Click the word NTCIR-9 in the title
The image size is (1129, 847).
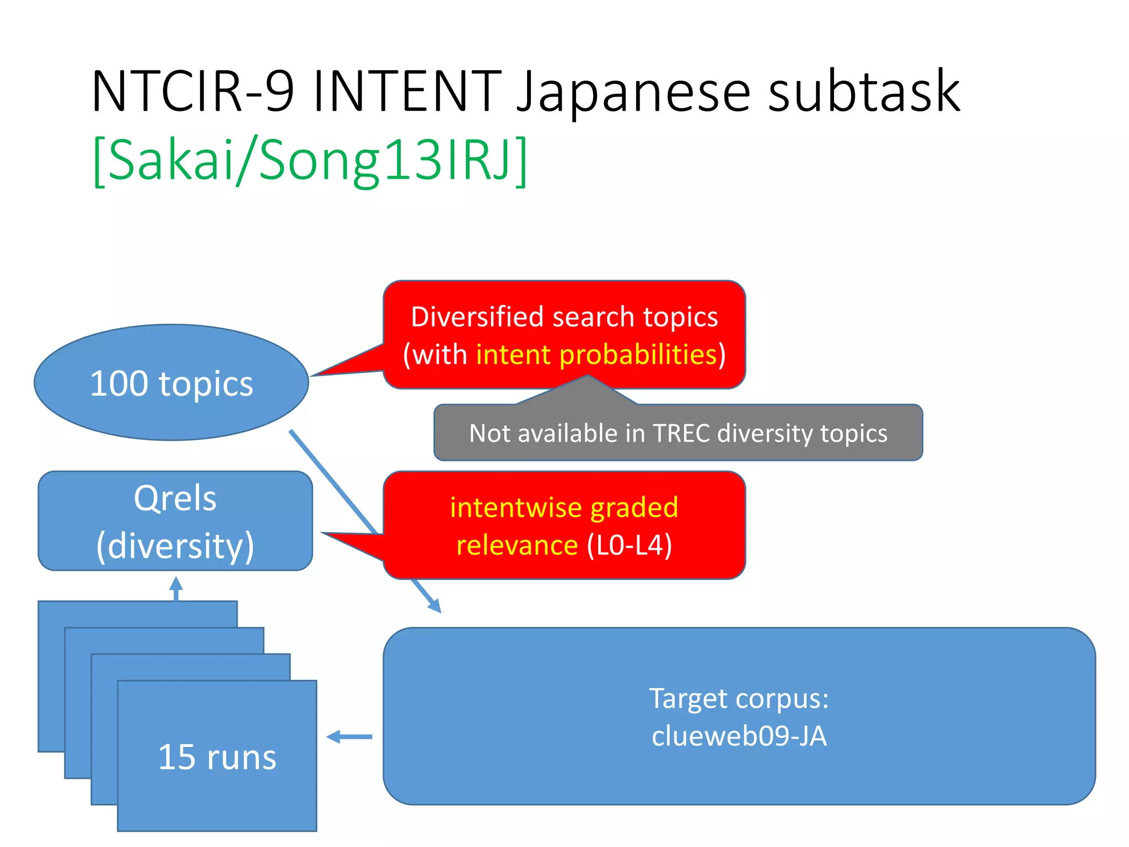(192, 92)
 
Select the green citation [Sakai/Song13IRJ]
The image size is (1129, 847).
(310, 160)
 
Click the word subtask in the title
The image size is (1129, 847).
(864, 92)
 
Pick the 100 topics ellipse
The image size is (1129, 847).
(171, 383)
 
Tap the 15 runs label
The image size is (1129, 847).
(217, 757)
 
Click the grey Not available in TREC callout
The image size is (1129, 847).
(678, 433)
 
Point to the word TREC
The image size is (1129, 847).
(681, 433)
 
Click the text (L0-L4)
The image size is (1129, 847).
(629, 545)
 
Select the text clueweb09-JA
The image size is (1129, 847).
(739, 736)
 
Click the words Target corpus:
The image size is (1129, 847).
(739, 698)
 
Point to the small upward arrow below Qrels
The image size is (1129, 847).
(176, 588)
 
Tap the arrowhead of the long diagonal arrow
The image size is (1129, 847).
(436, 606)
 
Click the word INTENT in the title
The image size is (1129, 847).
(407, 92)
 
